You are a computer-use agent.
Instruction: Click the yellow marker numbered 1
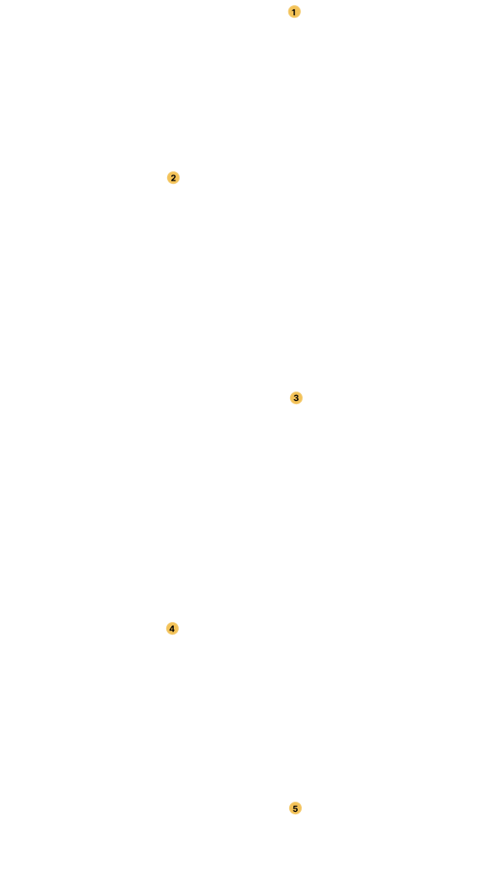point(294,12)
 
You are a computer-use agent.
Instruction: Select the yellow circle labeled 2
point(173,178)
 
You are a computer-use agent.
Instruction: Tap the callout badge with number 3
point(296,398)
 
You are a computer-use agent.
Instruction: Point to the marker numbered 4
point(172,629)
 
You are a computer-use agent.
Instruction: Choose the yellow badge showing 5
point(296,808)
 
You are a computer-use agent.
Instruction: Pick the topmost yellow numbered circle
point(294,12)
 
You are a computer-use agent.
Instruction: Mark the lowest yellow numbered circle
point(296,808)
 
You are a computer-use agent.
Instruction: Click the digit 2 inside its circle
point(173,178)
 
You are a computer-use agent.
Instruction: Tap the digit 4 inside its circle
point(172,629)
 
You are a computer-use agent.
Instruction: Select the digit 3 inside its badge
point(296,398)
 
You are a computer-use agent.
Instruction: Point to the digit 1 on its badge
point(294,12)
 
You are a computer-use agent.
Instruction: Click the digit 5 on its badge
point(296,808)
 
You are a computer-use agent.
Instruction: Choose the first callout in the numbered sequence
point(294,12)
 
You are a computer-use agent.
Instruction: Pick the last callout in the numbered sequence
point(296,808)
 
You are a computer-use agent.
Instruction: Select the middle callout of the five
point(296,398)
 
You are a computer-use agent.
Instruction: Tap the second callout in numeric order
point(173,178)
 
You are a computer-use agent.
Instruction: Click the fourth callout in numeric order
point(172,629)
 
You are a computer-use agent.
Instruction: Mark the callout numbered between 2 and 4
point(296,398)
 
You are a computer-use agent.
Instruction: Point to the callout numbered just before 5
point(172,629)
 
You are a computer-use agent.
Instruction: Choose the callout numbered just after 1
point(173,178)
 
